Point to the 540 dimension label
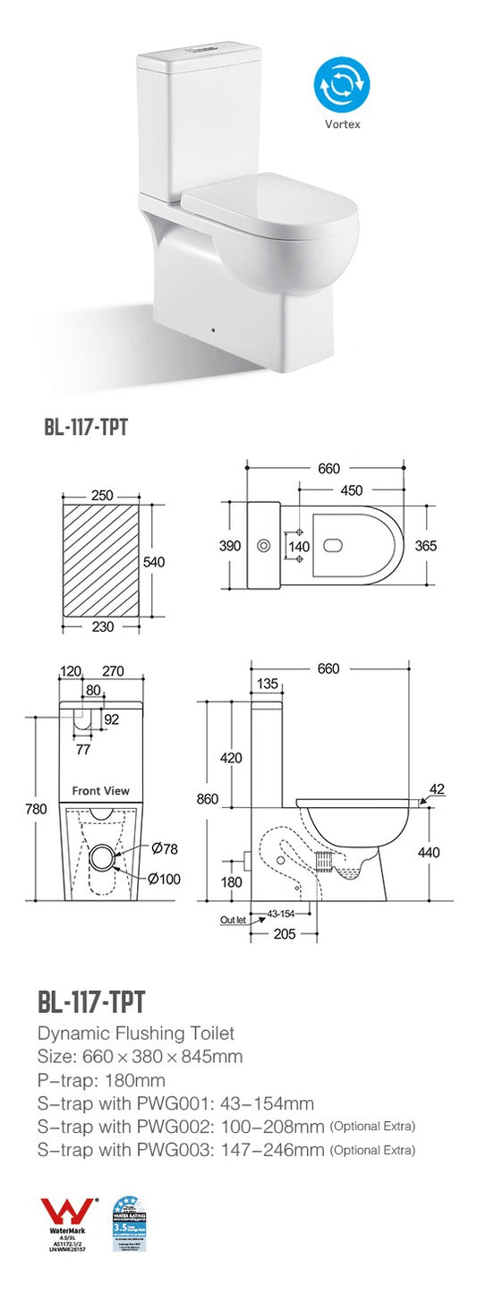(x=156, y=561)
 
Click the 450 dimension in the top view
(x=352, y=490)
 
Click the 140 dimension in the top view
(x=299, y=545)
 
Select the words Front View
(x=100, y=790)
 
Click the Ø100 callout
(x=164, y=879)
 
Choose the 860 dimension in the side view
(x=207, y=799)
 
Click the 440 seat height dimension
(x=429, y=853)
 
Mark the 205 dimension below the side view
(x=284, y=933)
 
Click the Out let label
(x=233, y=919)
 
